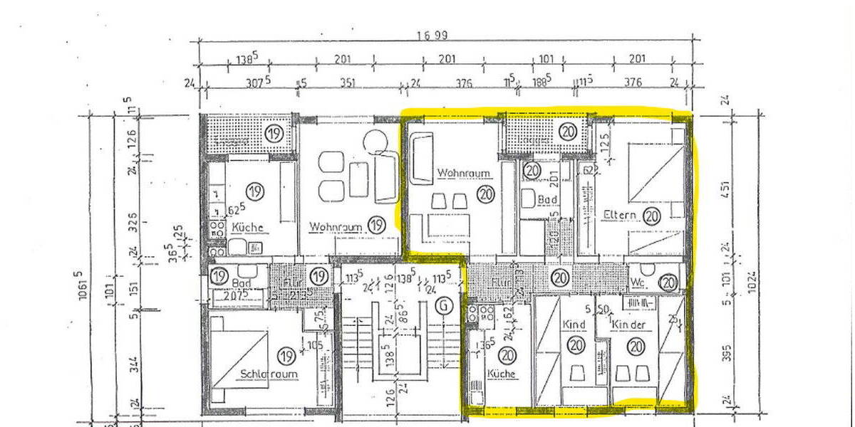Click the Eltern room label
(x=617, y=214)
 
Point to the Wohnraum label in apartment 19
(x=337, y=226)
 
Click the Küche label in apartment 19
(x=247, y=228)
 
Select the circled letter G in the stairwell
(x=445, y=307)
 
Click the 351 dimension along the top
(x=346, y=82)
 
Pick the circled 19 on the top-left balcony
(x=273, y=133)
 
